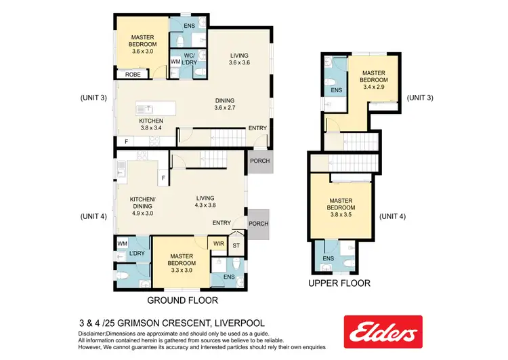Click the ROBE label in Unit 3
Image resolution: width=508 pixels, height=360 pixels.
(x=132, y=75)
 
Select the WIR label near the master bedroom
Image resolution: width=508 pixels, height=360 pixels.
(x=219, y=243)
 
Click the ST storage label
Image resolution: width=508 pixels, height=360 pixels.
(x=236, y=246)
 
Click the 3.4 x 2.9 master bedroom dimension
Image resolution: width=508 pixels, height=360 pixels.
(x=373, y=86)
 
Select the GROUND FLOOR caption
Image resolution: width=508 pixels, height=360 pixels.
(x=182, y=299)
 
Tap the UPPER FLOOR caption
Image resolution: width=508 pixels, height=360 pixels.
(x=339, y=283)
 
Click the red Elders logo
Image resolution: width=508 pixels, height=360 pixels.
(x=383, y=332)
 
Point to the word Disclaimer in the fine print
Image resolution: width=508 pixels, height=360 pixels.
(x=96, y=334)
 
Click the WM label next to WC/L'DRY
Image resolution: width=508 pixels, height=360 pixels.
(x=175, y=62)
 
